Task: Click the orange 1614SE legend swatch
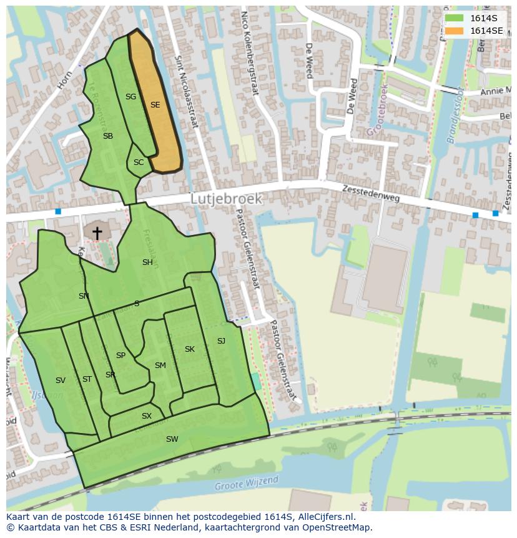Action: point(455,31)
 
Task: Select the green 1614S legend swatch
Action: point(455,18)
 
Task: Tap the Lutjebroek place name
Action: point(226,199)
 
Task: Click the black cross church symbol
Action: point(97,232)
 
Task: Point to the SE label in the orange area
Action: point(155,105)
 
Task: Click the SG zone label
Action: point(130,97)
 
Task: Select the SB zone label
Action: point(108,136)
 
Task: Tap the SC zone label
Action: point(139,162)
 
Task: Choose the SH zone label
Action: point(147,262)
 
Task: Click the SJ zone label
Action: point(221,341)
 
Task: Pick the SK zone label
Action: point(190,349)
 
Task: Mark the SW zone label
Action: point(172,439)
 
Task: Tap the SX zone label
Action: point(147,416)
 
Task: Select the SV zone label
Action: point(61,381)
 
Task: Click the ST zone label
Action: point(87,379)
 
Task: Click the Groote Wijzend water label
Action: point(246,484)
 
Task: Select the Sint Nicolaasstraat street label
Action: point(185,91)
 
